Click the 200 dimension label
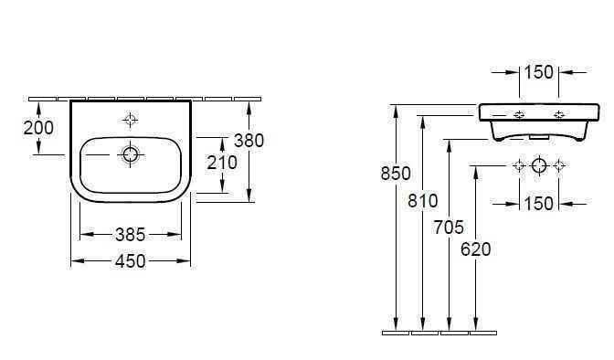[38, 127]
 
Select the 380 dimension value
[249, 141]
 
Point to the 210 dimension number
[222, 163]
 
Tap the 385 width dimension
[131, 234]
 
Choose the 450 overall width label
[131, 261]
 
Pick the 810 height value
[424, 200]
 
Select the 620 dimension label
[477, 249]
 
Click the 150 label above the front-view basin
[539, 72]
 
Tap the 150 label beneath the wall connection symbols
[539, 203]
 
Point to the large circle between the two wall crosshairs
[539, 165]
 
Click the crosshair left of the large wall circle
[519, 165]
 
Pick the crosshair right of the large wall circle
[559, 165]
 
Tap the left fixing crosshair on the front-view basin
[519, 115]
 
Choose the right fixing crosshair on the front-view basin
[558, 115]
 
